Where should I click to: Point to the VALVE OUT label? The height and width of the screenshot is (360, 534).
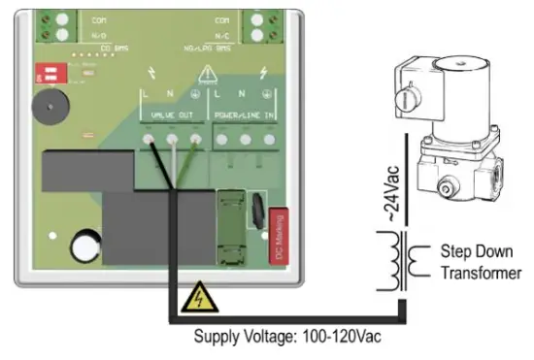pos(173,115)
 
